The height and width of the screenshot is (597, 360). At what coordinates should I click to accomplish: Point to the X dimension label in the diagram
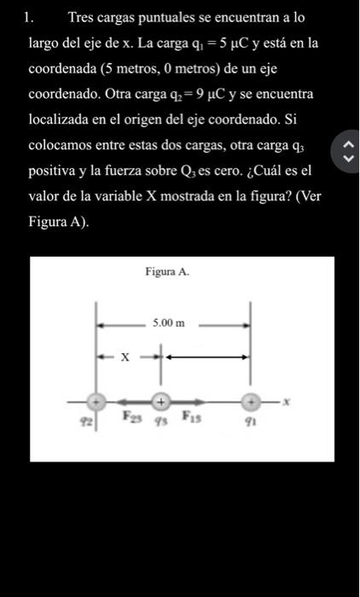[x=124, y=358]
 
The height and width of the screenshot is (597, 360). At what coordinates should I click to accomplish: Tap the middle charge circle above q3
[x=160, y=399]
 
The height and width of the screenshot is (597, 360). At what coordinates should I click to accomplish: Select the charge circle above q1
[x=252, y=400]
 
